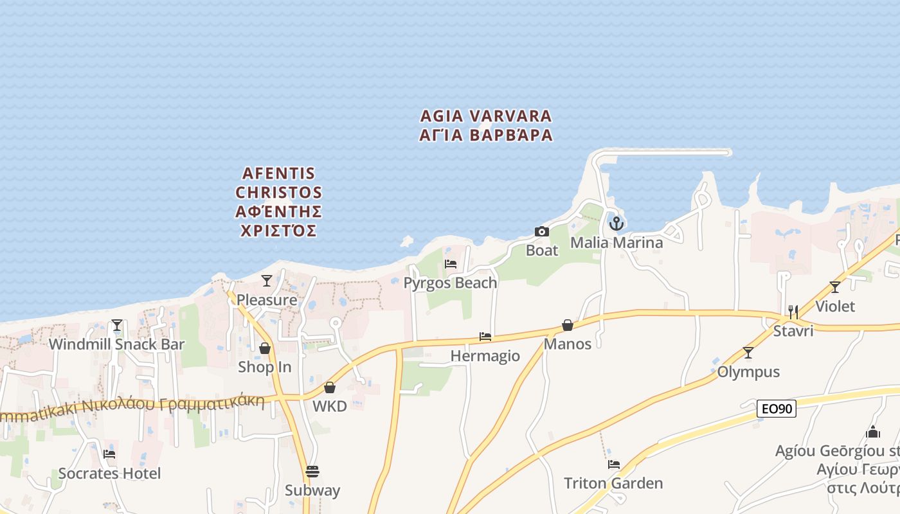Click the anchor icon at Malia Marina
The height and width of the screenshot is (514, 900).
pyautogui.click(x=616, y=224)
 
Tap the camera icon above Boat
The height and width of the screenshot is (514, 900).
pyautogui.click(x=542, y=231)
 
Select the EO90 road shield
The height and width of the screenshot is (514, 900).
pyautogui.click(x=777, y=409)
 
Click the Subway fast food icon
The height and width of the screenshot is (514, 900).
pyautogui.click(x=312, y=472)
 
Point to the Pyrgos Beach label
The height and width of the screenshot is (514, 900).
pyautogui.click(x=450, y=283)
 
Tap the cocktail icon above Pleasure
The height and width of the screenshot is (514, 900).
pyautogui.click(x=267, y=281)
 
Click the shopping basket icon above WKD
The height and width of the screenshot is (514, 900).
pyautogui.click(x=330, y=387)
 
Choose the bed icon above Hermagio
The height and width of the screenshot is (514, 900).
pyautogui.click(x=485, y=337)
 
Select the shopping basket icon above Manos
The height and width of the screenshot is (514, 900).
pyautogui.click(x=568, y=325)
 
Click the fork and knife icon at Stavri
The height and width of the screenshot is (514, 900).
pyautogui.click(x=793, y=312)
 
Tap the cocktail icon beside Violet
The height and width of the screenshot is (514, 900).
pyautogui.click(x=835, y=287)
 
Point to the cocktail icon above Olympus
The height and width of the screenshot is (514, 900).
pyautogui.click(x=748, y=353)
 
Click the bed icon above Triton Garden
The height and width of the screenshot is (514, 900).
pyautogui.click(x=614, y=464)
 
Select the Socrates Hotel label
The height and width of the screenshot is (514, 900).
pyautogui.click(x=109, y=474)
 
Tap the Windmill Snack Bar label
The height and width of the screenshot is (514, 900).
pyautogui.click(x=116, y=344)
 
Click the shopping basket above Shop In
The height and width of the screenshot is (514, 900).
pyautogui.click(x=264, y=348)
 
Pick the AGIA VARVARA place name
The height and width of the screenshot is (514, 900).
pyautogui.click(x=486, y=116)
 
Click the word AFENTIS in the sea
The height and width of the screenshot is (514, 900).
pyautogui.click(x=279, y=173)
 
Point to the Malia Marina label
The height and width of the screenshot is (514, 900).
pyautogui.click(x=616, y=243)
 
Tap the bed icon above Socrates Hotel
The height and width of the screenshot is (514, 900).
pyautogui.click(x=109, y=454)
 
